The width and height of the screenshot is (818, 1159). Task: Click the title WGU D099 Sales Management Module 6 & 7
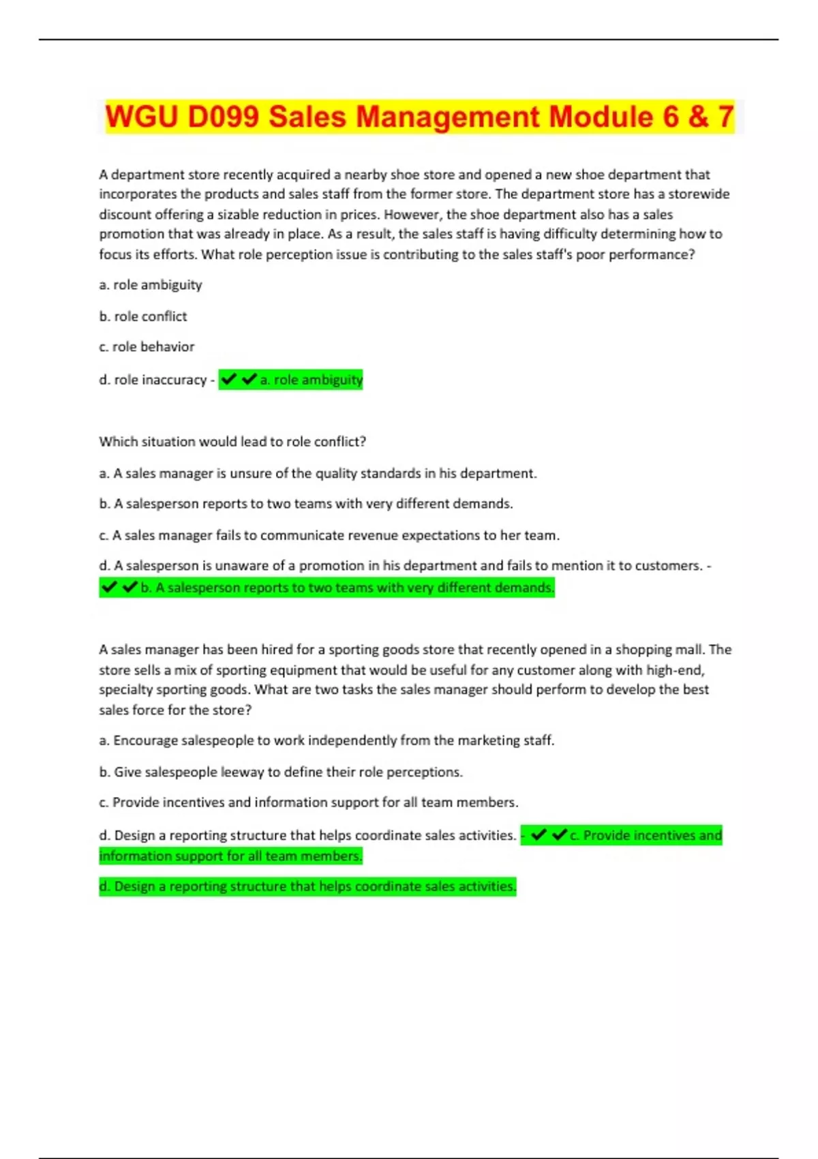[x=419, y=117]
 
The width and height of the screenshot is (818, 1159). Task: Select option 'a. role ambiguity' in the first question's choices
[x=151, y=285]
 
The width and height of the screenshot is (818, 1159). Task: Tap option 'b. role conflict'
[x=143, y=316]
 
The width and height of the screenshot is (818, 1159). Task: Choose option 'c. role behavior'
[x=147, y=347]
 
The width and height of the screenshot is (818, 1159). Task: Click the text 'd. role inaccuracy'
[x=153, y=380]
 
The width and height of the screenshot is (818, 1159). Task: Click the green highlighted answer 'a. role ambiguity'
[x=312, y=380]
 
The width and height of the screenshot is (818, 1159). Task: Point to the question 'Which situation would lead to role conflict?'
[x=232, y=442]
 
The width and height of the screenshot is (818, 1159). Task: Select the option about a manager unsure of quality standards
[x=318, y=473]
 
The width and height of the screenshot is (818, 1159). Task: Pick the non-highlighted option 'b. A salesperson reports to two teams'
[x=306, y=504]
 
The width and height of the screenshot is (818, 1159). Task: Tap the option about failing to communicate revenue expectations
[x=329, y=535]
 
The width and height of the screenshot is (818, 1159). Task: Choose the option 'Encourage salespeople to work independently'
[x=327, y=740]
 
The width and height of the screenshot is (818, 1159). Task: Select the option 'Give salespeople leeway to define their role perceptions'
[x=281, y=772]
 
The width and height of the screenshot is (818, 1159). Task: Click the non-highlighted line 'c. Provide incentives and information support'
[x=309, y=802]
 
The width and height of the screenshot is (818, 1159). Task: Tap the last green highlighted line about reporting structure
[x=307, y=886]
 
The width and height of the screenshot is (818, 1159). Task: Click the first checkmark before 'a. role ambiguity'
[x=229, y=379]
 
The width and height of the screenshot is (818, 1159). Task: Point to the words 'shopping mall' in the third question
[x=666, y=650]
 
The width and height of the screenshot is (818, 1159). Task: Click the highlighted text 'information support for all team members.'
[x=230, y=856]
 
